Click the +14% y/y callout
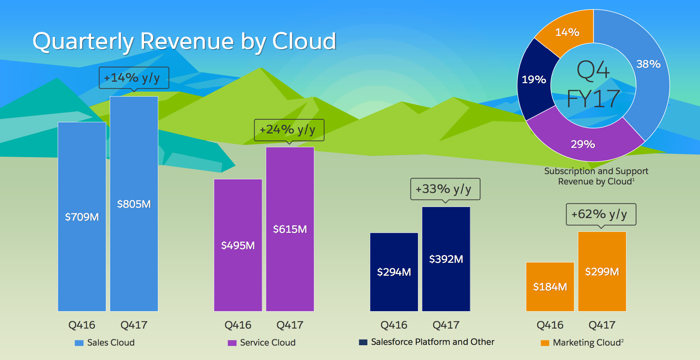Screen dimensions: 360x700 pos(134,78)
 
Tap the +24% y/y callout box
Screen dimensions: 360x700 pos(289,130)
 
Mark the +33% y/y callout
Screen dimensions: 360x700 pos(445,189)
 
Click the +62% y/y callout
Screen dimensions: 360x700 pos(601,214)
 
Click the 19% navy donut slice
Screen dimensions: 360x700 pos(534,79)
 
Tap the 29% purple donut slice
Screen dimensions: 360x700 pos(583,144)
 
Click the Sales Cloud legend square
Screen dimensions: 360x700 pos(79,343)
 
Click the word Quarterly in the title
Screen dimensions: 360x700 pos(83,41)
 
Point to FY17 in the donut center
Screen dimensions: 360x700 pos(593,99)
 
